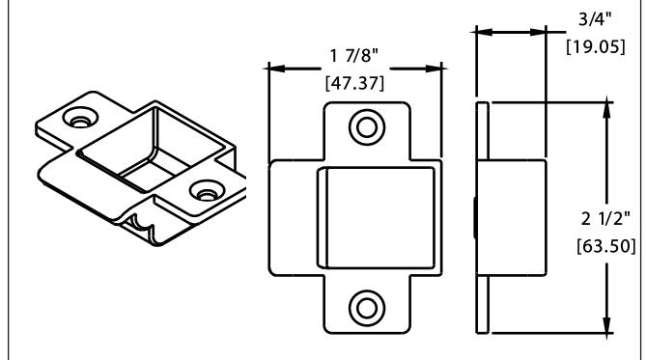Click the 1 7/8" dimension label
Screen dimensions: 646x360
click(x=353, y=56)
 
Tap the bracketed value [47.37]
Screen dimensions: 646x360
click(x=354, y=83)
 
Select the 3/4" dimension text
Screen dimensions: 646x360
click(x=595, y=19)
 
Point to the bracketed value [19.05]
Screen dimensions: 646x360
click(x=596, y=46)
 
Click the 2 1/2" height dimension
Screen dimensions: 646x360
click(x=605, y=218)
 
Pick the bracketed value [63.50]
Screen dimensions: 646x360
click(x=606, y=246)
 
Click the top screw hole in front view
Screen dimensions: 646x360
click(x=367, y=127)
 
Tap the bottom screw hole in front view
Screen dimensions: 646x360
click(x=367, y=308)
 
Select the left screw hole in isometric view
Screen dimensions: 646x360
click(x=80, y=118)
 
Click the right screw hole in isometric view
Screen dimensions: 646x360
click(x=207, y=191)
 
